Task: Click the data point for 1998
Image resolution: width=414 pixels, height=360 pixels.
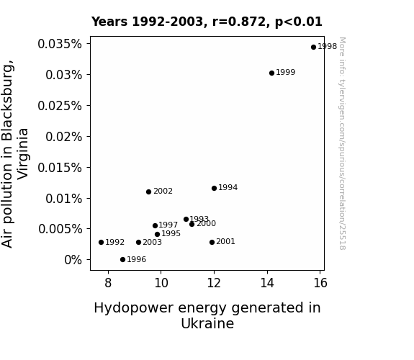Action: (313, 47)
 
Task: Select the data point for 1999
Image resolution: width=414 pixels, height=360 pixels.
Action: (271, 73)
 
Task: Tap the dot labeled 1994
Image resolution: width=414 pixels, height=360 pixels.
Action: (214, 188)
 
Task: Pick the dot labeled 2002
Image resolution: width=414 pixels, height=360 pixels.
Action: (148, 192)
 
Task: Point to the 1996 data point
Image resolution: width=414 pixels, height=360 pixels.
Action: (122, 259)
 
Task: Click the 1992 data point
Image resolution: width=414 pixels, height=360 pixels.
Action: (101, 242)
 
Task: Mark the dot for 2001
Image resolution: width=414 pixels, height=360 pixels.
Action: (212, 242)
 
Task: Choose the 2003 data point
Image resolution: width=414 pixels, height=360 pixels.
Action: (139, 242)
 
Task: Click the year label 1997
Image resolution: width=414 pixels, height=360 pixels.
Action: (168, 225)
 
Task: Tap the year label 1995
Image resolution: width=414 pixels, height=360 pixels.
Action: (171, 234)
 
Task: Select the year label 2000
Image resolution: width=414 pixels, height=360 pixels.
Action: (206, 224)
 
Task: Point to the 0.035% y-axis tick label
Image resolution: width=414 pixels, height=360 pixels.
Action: (60, 44)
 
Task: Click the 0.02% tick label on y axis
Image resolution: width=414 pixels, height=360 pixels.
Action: (63, 137)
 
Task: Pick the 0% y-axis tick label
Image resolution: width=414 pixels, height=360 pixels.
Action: (73, 260)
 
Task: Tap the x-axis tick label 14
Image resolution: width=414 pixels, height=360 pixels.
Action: (267, 283)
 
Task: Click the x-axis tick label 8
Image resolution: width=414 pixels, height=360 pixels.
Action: (108, 283)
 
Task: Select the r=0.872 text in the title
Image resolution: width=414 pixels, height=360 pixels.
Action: (240, 22)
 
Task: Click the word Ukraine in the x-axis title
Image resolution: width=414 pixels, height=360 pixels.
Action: (207, 323)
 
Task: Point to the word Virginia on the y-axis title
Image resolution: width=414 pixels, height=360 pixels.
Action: (23, 154)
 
